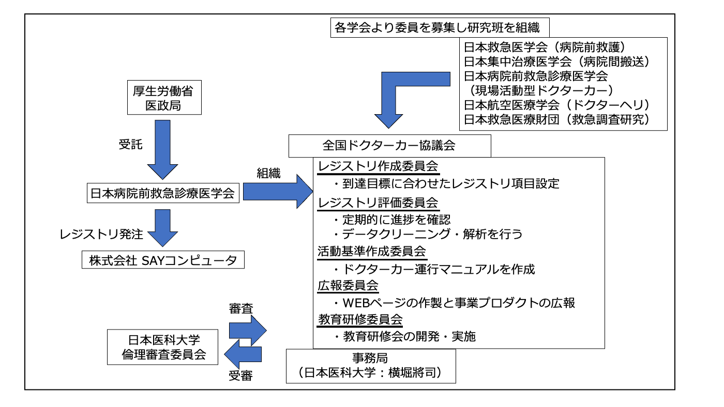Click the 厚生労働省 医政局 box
tap(163, 98)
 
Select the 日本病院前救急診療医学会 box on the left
tap(163, 194)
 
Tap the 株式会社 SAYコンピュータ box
tap(162, 260)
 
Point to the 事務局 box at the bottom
tap(371, 366)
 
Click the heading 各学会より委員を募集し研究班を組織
tap(437, 28)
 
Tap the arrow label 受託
tap(130, 145)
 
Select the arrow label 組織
tap(268, 174)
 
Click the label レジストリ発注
tap(101, 235)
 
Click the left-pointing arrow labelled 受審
tap(243, 354)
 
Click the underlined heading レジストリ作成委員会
tap(379, 167)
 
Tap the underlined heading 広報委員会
tap(348, 286)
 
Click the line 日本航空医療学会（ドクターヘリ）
tap(556, 105)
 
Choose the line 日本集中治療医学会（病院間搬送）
tap(556, 61)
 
